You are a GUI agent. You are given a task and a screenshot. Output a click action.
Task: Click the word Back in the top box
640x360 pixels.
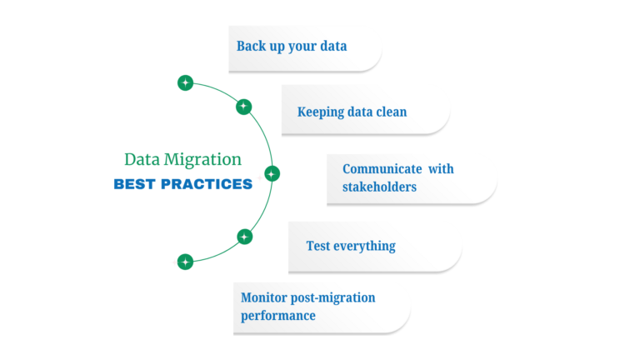coord(251,46)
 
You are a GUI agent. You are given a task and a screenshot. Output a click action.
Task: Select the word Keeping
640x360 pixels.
coord(321,111)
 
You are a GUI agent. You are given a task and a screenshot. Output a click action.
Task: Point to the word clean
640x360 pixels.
coord(389,111)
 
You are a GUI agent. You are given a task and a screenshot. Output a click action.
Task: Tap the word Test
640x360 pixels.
coord(317,246)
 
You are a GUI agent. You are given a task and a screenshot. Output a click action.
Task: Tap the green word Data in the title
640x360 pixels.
coord(142,159)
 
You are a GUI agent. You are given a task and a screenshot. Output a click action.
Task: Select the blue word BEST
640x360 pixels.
coord(133,184)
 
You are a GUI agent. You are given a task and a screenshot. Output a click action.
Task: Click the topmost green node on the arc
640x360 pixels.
coord(185,83)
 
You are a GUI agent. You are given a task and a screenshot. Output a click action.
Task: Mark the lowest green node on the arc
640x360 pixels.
coord(185,262)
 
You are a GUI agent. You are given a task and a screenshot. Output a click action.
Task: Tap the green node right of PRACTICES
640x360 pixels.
coord(272,174)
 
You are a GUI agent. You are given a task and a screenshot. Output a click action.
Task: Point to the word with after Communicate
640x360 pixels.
coord(441,168)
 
